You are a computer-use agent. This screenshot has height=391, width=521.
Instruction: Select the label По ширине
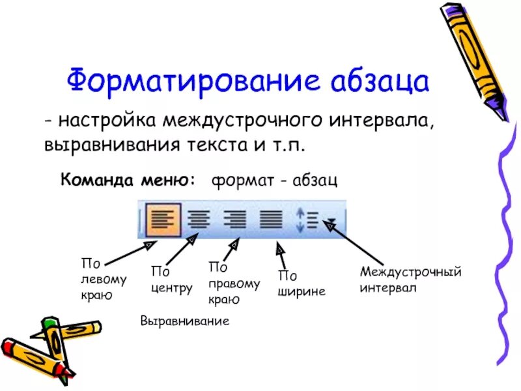[x=302, y=284]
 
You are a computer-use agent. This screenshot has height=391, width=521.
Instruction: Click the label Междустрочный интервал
[x=410, y=279]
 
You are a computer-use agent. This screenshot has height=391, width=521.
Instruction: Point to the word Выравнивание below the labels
[x=185, y=321]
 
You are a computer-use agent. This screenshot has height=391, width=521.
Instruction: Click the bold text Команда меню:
[x=128, y=180]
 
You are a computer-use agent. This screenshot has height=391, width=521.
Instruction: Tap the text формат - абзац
[x=274, y=181]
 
